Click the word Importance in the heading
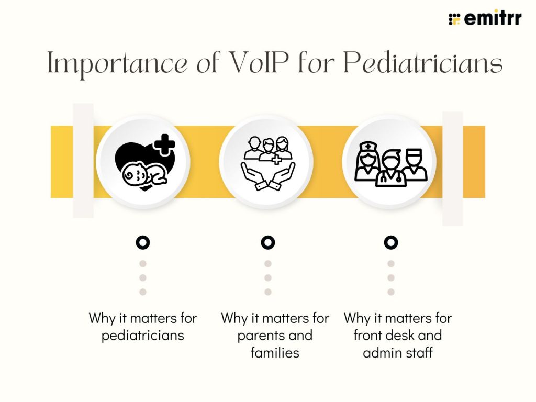coord(117,64)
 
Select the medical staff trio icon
coord(390,162)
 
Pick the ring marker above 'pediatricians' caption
coord(142,242)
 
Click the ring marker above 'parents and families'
coord(267,242)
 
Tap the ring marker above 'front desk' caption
coord(390,242)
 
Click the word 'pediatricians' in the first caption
coord(142,335)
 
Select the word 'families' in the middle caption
coord(275,352)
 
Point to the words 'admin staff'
coord(398,352)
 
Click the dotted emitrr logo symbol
coord(454,19)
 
